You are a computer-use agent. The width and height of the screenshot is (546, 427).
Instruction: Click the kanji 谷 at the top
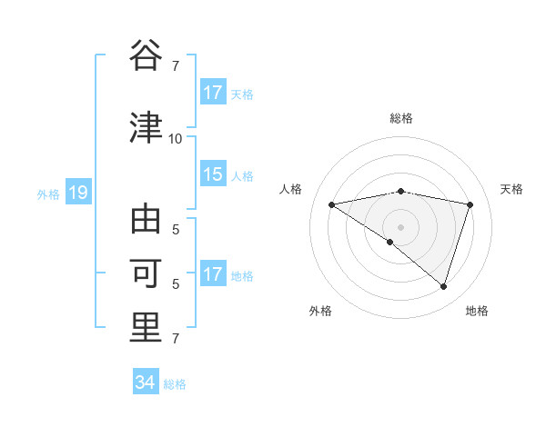click(x=147, y=54)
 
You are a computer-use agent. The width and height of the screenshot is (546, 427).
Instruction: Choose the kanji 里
click(x=147, y=327)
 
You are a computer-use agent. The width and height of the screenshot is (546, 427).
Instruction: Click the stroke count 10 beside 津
click(x=175, y=138)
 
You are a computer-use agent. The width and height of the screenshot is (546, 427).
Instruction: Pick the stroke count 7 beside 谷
click(x=175, y=65)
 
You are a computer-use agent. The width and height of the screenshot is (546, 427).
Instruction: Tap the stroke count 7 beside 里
click(x=175, y=339)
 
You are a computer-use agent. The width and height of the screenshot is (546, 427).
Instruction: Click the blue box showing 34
click(x=145, y=382)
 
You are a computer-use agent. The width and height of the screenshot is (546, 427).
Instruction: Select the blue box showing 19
click(x=77, y=193)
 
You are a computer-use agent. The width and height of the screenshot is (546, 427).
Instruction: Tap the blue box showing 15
click(x=213, y=174)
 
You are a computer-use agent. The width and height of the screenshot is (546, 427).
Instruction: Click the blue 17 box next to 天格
click(x=213, y=93)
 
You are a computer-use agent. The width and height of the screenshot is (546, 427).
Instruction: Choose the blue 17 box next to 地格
click(x=213, y=274)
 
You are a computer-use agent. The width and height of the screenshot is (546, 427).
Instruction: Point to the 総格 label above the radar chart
click(x=401, y=118)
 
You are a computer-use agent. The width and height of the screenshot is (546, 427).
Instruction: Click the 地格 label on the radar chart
click(x=477, y=312)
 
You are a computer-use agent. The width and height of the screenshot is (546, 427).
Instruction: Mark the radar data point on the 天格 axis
click(x=470, y=204)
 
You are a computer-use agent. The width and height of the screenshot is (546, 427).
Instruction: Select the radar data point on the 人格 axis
click(x=332, y=204)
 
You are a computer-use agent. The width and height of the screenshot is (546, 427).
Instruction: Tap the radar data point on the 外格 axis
click(x=389, y=243)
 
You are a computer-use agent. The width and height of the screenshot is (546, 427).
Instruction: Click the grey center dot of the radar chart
click(x=401, y=226)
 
